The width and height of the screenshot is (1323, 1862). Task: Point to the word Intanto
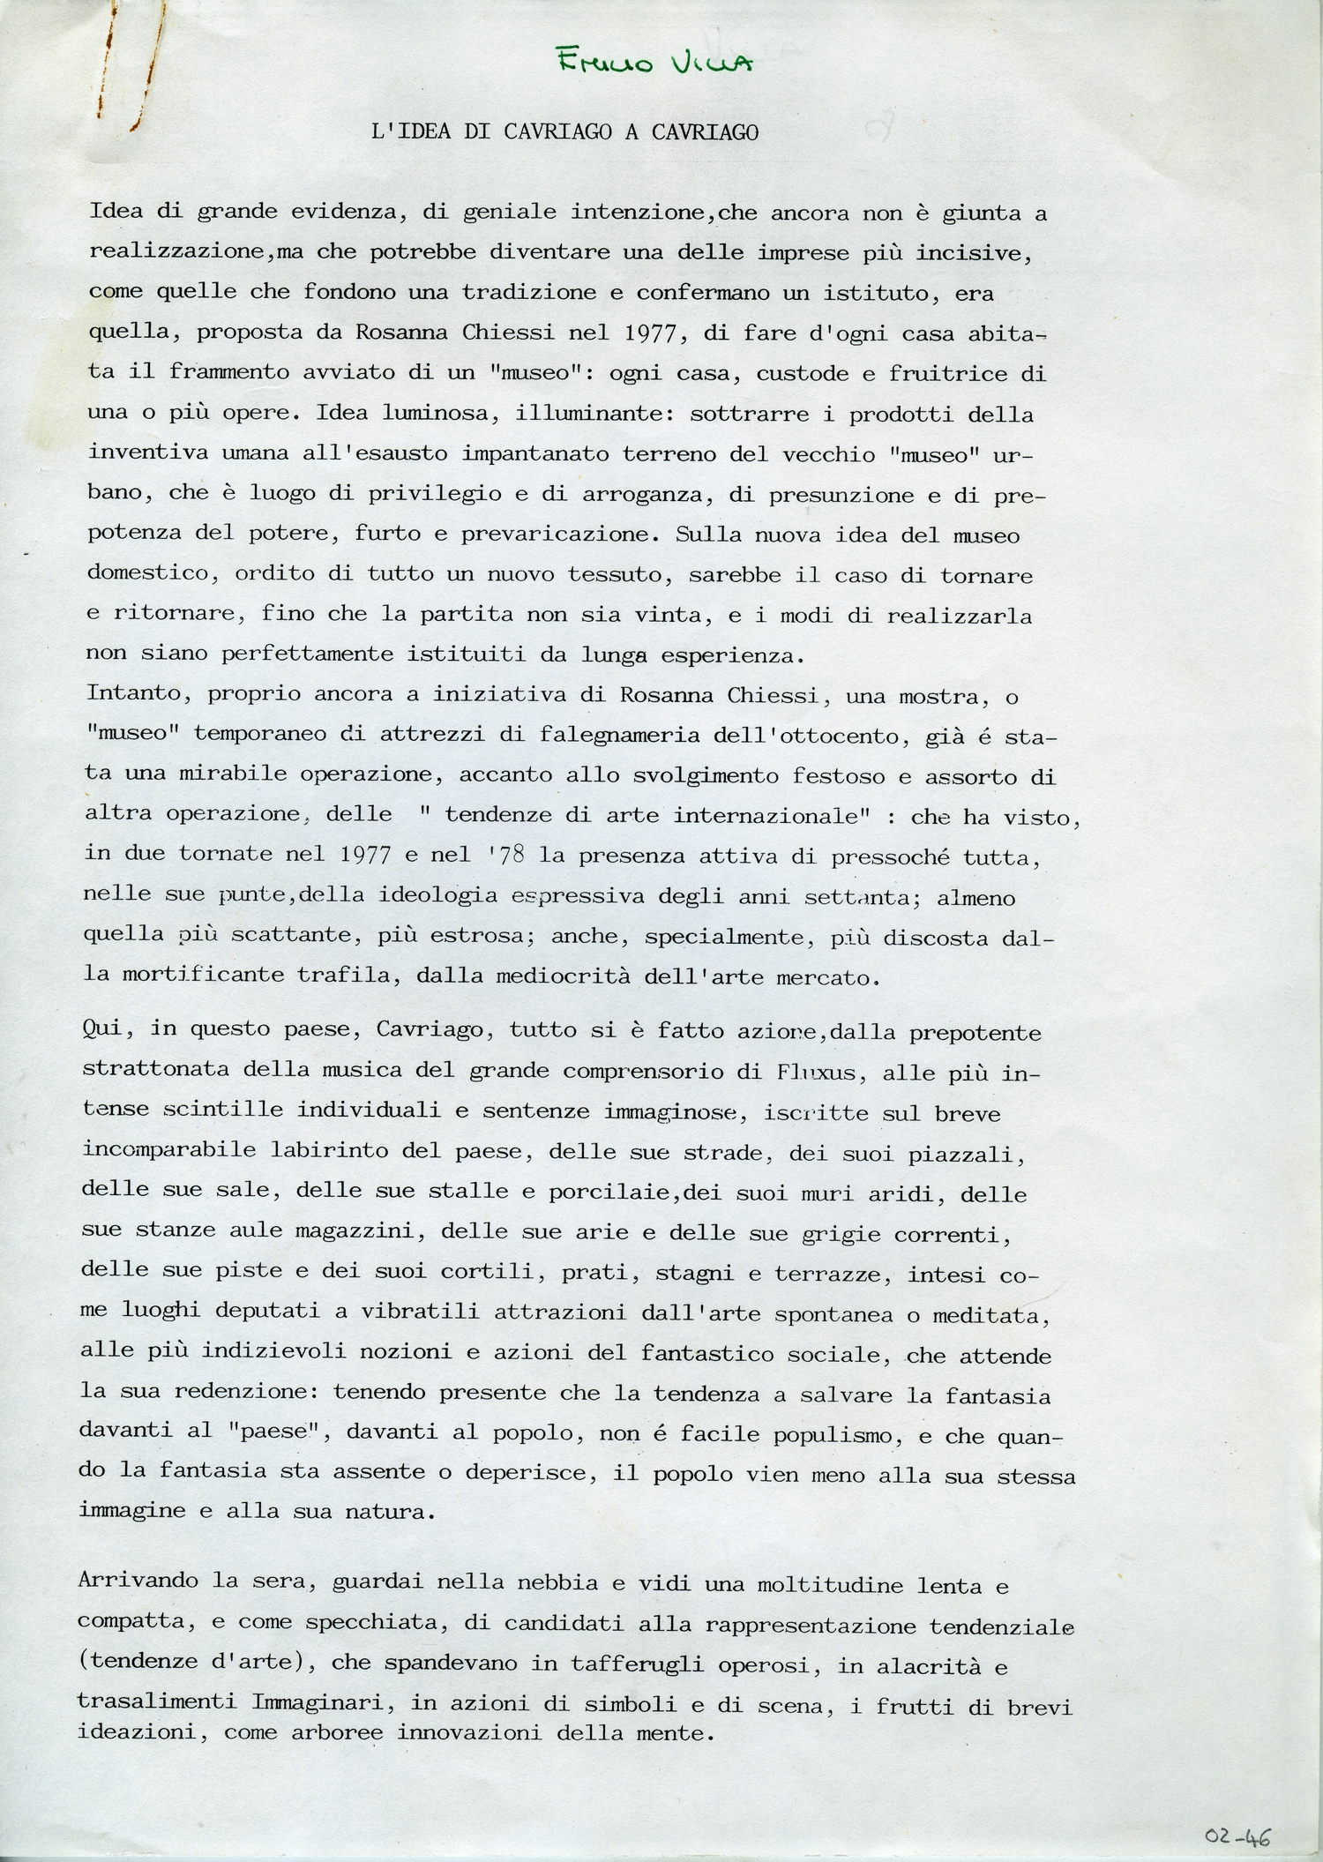tap(138, 694)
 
